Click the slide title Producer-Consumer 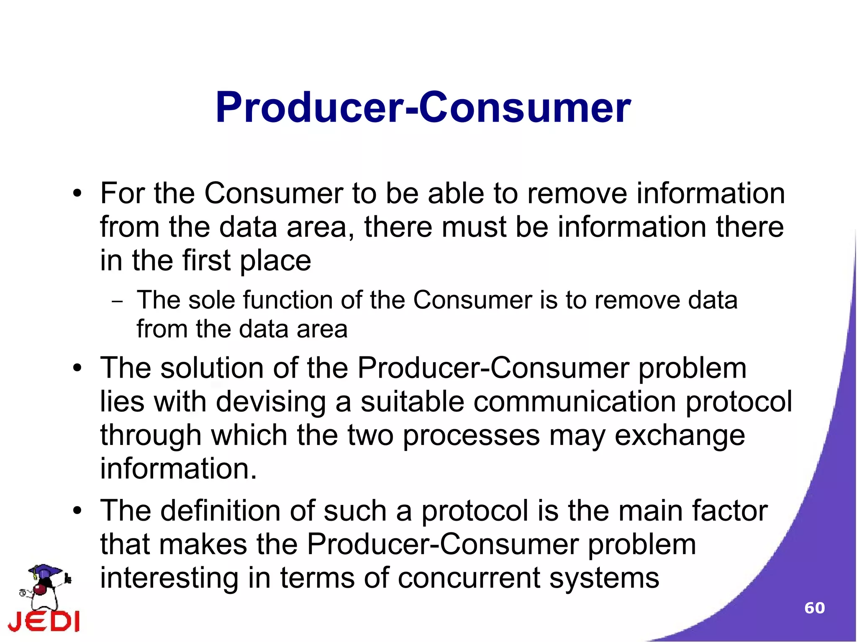(x=423, y=108)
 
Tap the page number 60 (x=814, y=608)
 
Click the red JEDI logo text (x=44, y=621)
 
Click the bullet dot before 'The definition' (x=77, y=511)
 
